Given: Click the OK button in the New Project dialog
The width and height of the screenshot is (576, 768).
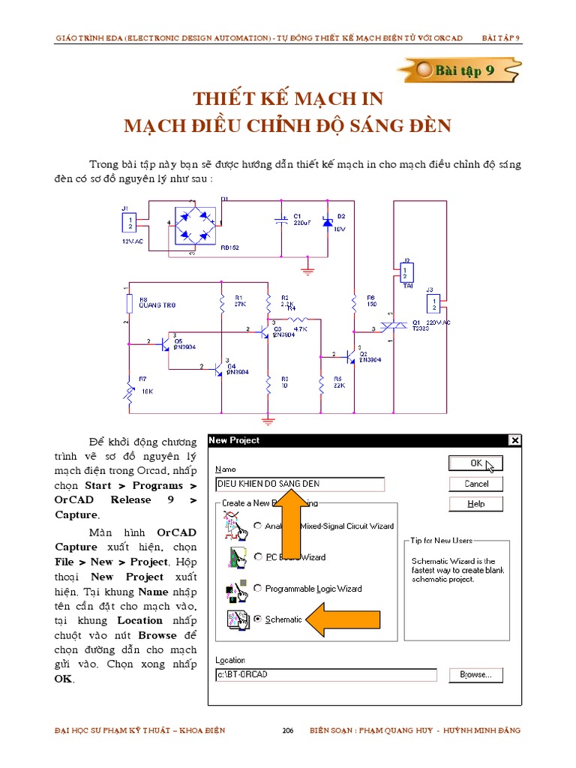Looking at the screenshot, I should (x=475, y=463).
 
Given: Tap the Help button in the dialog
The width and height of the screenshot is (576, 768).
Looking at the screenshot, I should (x=475, y=504).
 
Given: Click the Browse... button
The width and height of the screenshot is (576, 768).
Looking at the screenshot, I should (x=475, y=675).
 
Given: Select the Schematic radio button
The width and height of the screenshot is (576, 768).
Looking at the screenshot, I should (x=258, y=619).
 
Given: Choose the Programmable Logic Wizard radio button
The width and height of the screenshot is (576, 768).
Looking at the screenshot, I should (x=258, y=589).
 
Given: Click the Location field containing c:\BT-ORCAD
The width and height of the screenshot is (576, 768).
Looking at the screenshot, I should (x=325, y=675).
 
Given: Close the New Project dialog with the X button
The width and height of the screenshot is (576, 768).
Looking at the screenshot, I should (x=514, y=441).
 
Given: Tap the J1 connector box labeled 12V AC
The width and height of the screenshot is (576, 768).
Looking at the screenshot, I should (x=130, y=222).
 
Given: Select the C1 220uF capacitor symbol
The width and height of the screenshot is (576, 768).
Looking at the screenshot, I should (x=281, y=221).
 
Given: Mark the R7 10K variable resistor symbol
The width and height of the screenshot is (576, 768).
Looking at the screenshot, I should (x=130, y=392).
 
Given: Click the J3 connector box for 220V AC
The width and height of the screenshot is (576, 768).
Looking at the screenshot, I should (x=433, y=304).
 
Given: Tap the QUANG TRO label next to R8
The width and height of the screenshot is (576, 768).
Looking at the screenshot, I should (x=157, y=305).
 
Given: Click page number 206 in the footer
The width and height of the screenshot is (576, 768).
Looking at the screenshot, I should (x=287, y=730).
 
